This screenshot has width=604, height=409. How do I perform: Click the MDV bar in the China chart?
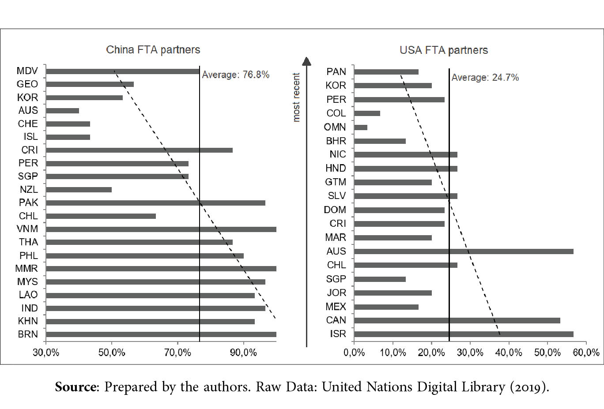tap(123, 71)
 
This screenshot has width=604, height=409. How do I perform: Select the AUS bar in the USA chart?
tap(464, 251)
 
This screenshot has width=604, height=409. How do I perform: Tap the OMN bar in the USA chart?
tap(361, 128)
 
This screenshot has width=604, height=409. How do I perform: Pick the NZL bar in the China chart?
tap(79, 190)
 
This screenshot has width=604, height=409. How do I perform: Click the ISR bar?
tap(464, 334)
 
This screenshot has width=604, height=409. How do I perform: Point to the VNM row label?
tap(27, 229)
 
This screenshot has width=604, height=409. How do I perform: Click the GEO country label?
tap(27, 84)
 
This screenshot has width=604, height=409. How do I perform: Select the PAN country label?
tap(336, 72)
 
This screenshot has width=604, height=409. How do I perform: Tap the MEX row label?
tap(336, 307)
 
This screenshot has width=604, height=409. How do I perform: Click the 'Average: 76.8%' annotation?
tap(236, 75)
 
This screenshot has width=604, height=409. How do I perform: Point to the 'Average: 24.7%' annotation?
tap(485, 78)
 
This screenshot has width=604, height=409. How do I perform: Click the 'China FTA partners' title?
tap(153, 50)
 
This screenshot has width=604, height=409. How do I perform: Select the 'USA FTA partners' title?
tap(444, 50)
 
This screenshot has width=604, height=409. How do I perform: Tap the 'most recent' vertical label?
tap(296, 98)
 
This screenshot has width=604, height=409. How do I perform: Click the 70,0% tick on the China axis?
tap(177, 353)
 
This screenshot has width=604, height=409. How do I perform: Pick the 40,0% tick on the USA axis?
tap(509, 353)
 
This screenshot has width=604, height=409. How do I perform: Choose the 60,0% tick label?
tap(586, 353)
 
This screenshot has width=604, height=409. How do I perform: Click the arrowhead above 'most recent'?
tap(306, 61)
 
